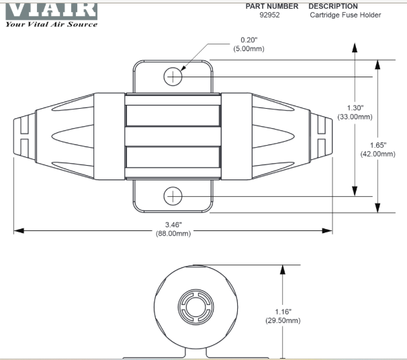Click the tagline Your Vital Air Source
coord(51,24)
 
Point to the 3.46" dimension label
coord(173,224)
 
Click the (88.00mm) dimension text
coord(173,234)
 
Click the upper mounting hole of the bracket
coord(173,77)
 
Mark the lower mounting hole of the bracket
coord(173,195)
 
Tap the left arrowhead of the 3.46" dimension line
coord(18,230)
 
